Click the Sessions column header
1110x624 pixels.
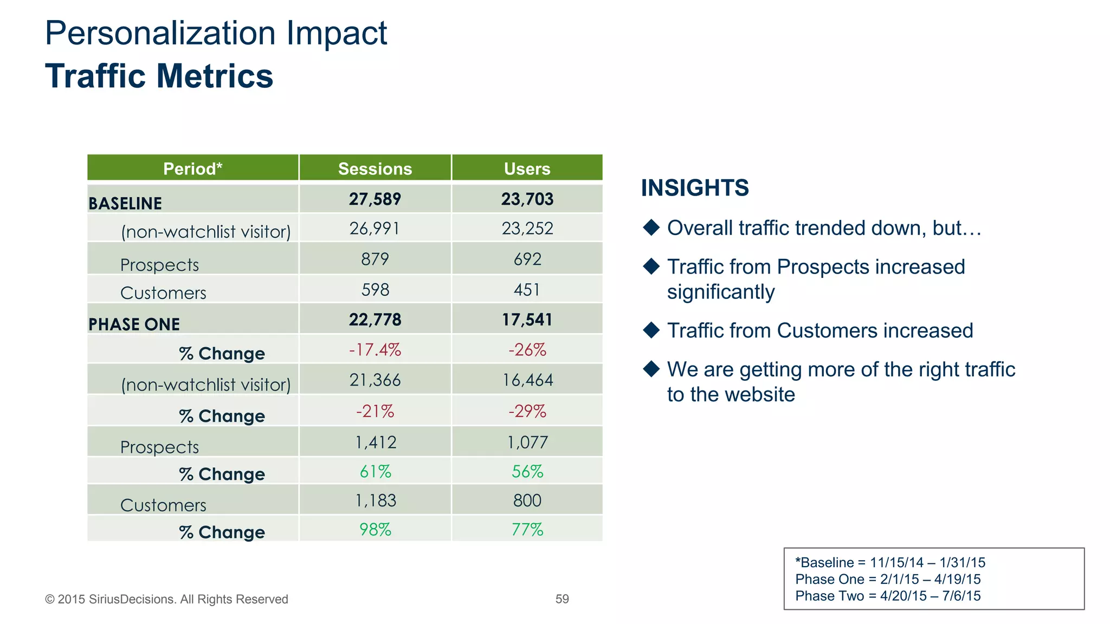[375, 168]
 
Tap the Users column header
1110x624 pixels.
[527, 168]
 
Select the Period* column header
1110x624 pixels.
[192, 168]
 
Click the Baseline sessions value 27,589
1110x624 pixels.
[375, 199]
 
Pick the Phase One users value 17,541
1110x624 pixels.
[527, 320]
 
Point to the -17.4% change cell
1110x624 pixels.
[375, 350]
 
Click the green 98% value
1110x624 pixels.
[375, 529]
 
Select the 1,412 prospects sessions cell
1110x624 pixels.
[375, 443]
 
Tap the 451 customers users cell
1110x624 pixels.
[527, 290]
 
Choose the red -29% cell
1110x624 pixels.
[527, 411]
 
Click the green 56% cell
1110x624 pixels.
[527, 472]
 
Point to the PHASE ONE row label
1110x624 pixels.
[134, 324]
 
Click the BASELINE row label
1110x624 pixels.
[125, 203]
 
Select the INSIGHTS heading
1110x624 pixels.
[695, 188]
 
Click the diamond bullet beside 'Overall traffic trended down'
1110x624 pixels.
[651, 227]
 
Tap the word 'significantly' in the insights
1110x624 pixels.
[720, 292]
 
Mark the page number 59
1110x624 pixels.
[562, 599]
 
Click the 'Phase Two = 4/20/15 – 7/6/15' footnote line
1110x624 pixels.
[888, 596]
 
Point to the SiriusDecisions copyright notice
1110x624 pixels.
[166, 599]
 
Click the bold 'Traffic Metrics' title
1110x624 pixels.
[159, 76]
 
